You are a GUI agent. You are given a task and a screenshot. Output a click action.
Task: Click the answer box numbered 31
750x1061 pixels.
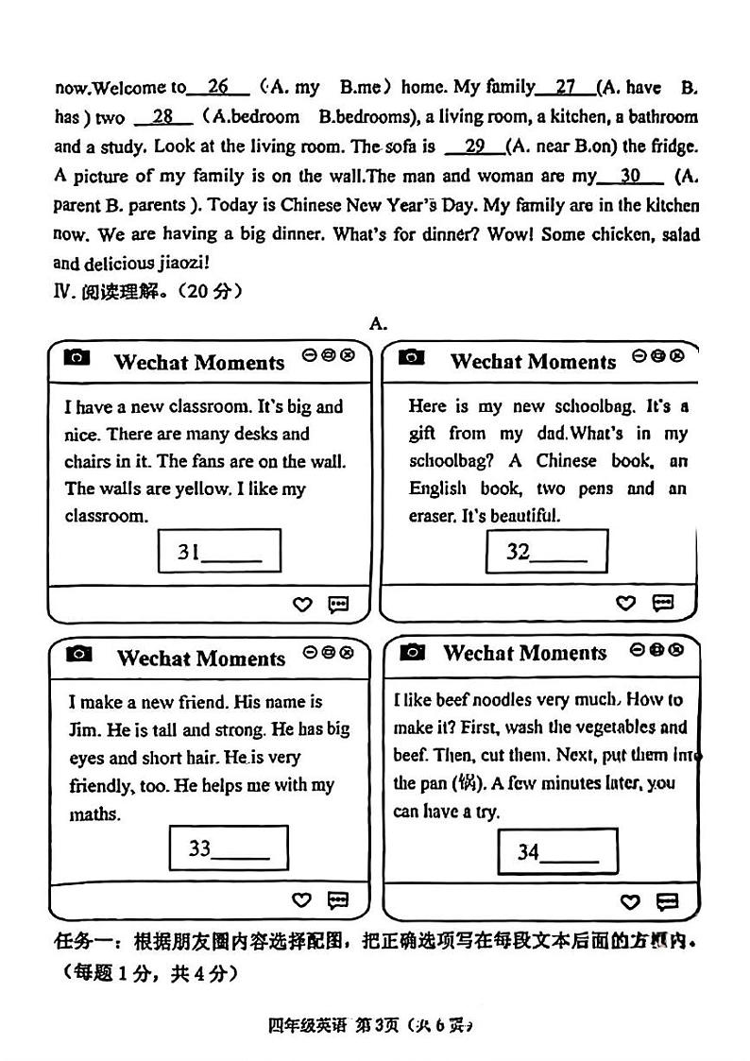[219, 550]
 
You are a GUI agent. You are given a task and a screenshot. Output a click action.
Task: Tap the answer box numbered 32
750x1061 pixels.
[546, 551]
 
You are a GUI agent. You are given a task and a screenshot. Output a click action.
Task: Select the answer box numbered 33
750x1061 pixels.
[228, 847]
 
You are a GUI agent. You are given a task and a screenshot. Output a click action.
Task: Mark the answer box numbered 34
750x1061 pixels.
[557, 850]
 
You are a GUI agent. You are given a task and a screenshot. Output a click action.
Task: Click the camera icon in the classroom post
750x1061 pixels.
[77, 357]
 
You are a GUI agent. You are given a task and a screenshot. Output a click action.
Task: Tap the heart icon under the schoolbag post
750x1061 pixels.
[625, 603]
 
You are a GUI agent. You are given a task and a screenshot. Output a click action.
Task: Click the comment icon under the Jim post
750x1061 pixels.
[337, 900]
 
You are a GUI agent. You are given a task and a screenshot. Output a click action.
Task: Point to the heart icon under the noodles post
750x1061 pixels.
[630, 902]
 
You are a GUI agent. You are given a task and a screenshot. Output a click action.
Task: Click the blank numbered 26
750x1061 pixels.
[218, 87]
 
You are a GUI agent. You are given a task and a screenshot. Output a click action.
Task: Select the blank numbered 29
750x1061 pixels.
[475, 145]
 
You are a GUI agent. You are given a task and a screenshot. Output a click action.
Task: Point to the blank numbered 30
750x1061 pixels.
[631, 175]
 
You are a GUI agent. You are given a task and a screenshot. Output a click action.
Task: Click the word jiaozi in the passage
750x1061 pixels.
[179, 264]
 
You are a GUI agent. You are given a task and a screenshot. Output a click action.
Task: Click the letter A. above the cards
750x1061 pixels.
[378, 323]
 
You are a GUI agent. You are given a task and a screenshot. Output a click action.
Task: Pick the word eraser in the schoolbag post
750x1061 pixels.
[432, 516]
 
